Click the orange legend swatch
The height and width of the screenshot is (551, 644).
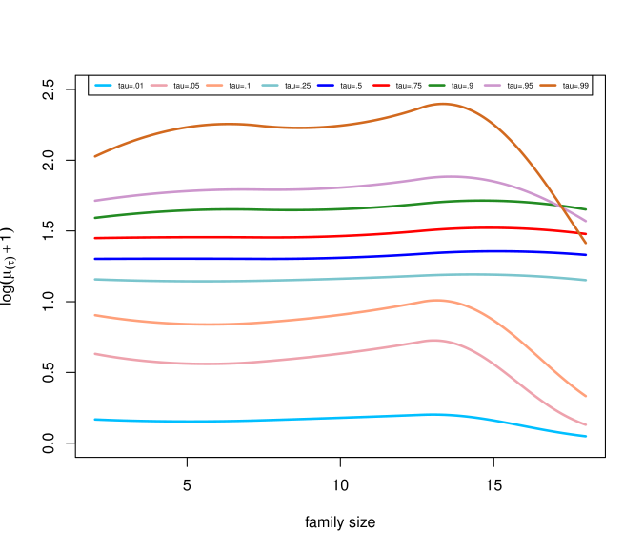pos(548,86)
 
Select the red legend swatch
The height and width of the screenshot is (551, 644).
pos(381,86)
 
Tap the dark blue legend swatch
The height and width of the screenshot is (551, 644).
pos(326,86)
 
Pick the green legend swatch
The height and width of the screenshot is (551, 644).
pos(436,86)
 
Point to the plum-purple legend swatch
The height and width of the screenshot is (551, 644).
pos(493,86)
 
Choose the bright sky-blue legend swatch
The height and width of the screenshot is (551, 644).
pos(103,86)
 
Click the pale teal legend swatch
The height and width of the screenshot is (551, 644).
pos(271,86)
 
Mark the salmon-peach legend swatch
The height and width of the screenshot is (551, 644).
pos(214,86)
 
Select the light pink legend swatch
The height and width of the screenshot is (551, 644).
pos(158,86)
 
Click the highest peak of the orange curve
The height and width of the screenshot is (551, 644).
pos(444,104)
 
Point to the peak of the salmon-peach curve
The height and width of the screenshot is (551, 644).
pos(437,300)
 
